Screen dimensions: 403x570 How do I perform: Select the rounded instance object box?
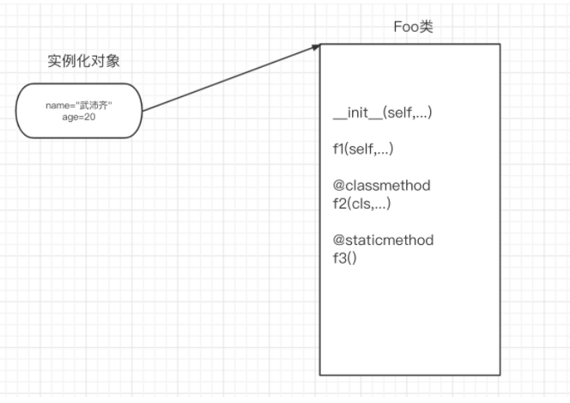pos(77,110)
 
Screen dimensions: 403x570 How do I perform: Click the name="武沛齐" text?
pos(79,105)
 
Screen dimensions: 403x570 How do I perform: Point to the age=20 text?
pos(78,115)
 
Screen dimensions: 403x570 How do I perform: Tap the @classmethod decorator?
pos(381,186)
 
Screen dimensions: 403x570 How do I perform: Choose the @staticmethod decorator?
pos(383,240)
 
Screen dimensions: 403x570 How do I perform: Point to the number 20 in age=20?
pos(88,115)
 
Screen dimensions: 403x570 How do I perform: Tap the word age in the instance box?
pos(68,116)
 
